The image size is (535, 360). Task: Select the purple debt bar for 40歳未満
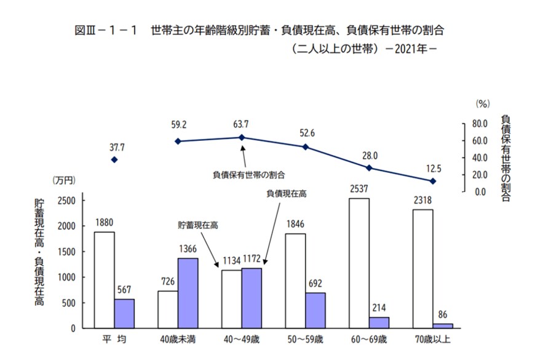188,293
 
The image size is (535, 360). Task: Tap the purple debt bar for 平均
124,313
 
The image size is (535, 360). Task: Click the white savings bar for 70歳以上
422,268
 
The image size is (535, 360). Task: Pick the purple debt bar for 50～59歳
315,310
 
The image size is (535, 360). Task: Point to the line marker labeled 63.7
242,137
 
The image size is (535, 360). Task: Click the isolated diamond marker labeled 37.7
114,159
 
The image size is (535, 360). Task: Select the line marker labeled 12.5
433,181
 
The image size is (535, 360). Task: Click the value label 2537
359,190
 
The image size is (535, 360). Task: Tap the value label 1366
188,249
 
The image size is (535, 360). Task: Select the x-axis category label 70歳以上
433,340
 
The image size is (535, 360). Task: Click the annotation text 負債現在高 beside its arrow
286,193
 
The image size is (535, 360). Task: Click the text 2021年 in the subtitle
408,50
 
